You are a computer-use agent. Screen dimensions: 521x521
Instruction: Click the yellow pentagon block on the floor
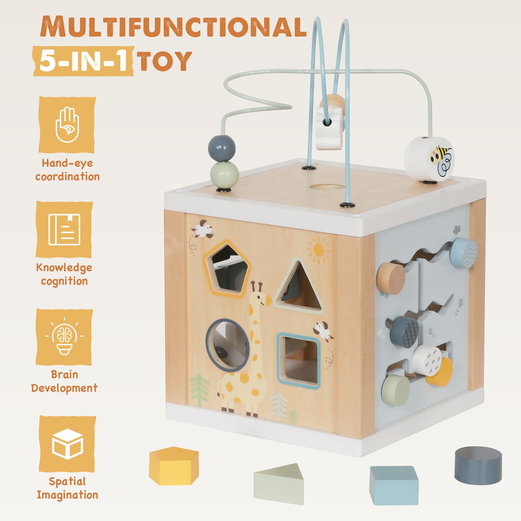tap(173, 465)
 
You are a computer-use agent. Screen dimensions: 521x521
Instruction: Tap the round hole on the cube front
tap(227, 345)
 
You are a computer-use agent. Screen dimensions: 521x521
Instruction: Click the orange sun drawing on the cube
tap(318, 250)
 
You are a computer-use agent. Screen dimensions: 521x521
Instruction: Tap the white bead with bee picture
tap(429, 159)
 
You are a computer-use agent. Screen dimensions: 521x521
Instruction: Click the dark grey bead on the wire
tap(222, 148)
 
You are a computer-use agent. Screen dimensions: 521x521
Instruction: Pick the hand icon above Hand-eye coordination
tap(67, 124)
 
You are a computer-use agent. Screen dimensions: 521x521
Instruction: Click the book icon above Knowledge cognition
tap(65, 230)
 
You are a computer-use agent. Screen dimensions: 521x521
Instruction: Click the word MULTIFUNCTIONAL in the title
tap(173, 27)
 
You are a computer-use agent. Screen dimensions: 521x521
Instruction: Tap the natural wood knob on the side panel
tap(391, 278)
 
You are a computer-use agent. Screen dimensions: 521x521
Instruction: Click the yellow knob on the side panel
tap(441, 373)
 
